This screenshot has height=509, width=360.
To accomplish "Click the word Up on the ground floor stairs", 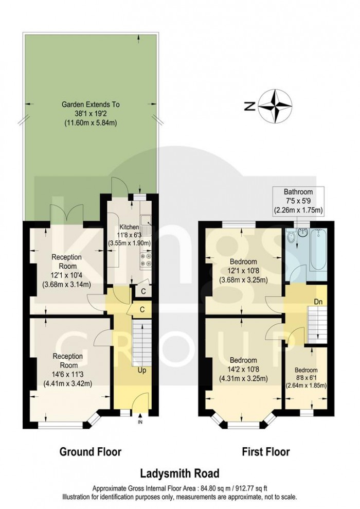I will [x=141, y=369].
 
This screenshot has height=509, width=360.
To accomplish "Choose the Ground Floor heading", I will [x=91, y=452].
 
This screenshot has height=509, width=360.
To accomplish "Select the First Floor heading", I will [x=266, y=452].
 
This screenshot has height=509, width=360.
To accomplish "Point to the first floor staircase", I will [x=314, y=320].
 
